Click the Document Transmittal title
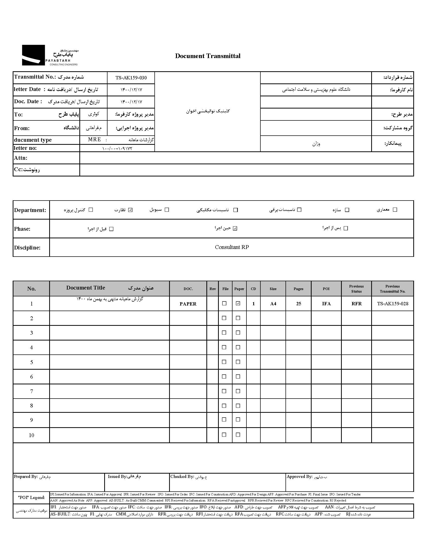coord(207,56)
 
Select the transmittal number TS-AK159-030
coord(131,78)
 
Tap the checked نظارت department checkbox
coord(130,210)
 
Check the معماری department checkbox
coord(395,210)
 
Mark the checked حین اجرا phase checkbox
coord(235,228)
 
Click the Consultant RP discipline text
coord(231,247)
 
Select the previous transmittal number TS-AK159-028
coord(392,304)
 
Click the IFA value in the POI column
coord(326,304)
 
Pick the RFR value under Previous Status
coord(356,304)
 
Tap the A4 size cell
coord(273,304)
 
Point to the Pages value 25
coord(298,304)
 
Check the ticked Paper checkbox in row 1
coord(238,303)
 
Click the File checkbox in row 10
coord(224,435)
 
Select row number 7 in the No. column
coord(31,391)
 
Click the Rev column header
coord(212,289)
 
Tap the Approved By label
coord(299,477)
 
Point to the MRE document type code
coord(94,140)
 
